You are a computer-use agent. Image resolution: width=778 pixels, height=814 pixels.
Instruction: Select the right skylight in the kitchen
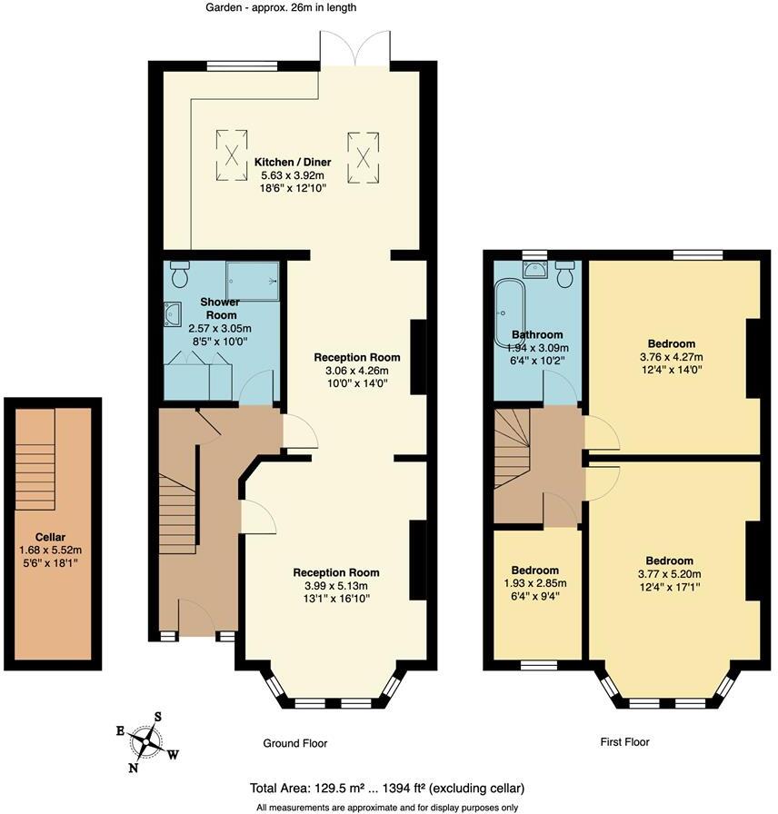(x=361, y=150)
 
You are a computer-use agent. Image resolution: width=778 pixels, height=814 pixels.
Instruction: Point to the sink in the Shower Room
(x=172, y=314)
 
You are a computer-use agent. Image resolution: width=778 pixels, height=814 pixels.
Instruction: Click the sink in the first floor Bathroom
(x=534, y=269)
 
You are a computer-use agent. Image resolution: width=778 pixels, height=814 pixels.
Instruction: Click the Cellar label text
(x=50, y=537)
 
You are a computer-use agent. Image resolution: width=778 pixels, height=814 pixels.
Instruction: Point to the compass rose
(x=146, y=741)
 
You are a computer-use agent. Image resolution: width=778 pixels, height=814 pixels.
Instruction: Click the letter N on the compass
(x=134, y=766)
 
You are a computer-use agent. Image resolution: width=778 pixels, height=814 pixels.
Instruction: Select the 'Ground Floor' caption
(x=294, y=743)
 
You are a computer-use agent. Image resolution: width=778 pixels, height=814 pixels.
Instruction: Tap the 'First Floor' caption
(x=624, y=742)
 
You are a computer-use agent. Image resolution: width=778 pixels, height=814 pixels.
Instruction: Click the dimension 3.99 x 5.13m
(x=335, y=585)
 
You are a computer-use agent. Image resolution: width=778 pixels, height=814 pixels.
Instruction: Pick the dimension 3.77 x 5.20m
(x=669, y=573)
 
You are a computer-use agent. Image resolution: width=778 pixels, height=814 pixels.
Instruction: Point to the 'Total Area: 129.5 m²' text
(x=310, y=788)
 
